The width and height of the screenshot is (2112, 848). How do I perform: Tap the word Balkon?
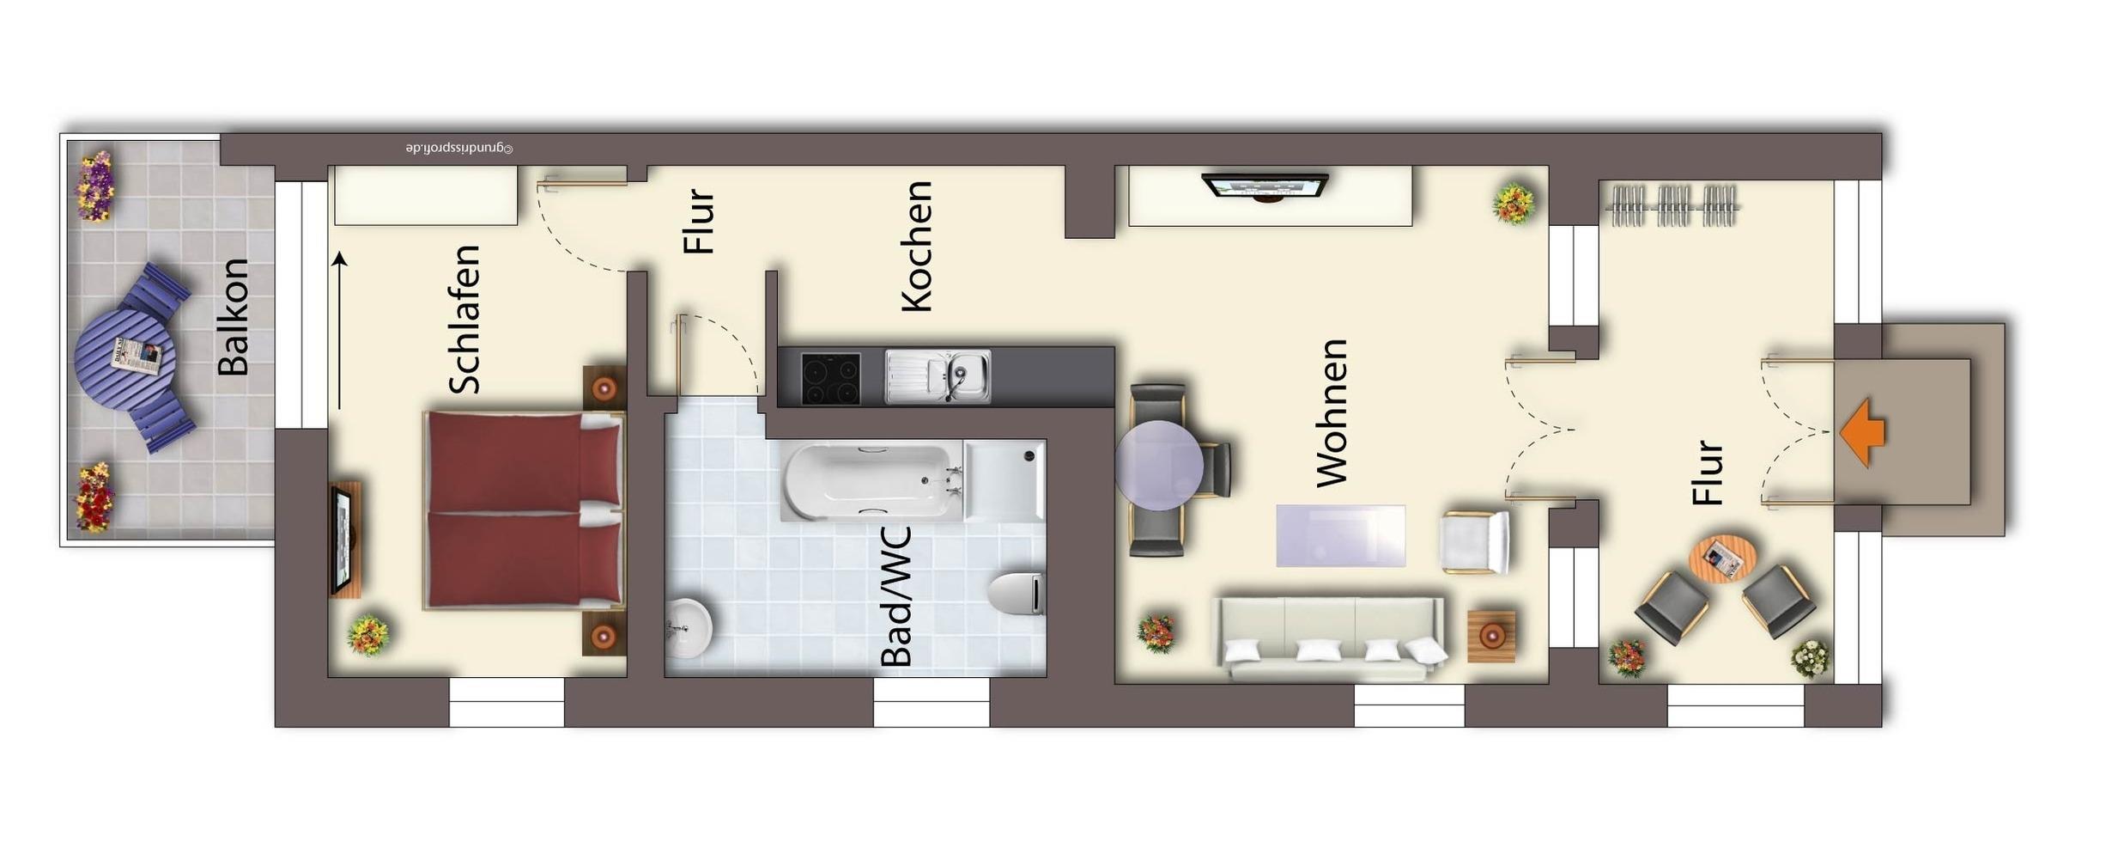coord(234,317)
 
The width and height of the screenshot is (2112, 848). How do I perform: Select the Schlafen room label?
coord(464,320)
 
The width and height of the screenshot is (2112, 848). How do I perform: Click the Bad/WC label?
coord(896,597)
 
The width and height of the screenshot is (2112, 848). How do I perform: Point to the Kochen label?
coord(916,247)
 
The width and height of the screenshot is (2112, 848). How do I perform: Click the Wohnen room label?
coord(1332,413)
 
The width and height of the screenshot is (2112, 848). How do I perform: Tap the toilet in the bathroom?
coord(1017,593)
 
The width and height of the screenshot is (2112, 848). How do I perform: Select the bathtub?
coord(871,481)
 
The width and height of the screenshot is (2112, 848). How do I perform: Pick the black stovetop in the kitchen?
coord(830,378)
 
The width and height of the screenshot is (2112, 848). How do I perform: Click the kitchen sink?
coord(938,376)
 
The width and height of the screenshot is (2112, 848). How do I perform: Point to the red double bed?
coord(524,511)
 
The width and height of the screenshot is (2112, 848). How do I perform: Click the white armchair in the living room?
coord(1475,542)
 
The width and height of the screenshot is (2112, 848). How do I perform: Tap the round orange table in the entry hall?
coord(1722,559)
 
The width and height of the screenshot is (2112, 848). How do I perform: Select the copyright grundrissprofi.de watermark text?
coord(459,149)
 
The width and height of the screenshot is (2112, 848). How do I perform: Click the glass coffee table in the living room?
coord(1340,536)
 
